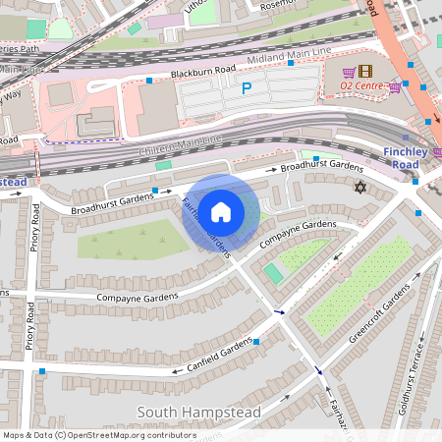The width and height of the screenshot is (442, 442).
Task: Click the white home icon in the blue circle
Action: [221, 211]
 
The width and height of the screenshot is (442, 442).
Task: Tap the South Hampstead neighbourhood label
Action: [199, 413]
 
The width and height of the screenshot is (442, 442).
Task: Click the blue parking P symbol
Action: [247, 88]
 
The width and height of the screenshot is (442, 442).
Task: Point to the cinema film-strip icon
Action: [365, 72]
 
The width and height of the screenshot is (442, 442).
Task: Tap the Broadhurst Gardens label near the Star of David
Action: [321, 168]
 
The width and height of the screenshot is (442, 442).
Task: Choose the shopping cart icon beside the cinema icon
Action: [348, 72]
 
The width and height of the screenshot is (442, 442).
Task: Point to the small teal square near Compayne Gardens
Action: [273, 273]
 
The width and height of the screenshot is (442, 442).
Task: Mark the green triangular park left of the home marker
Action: [128, 238]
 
